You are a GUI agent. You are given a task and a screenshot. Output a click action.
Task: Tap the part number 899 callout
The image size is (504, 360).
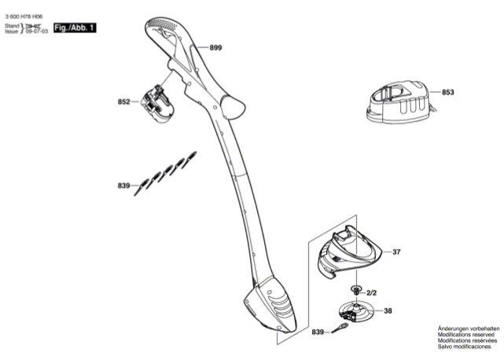click(x=215, y=48)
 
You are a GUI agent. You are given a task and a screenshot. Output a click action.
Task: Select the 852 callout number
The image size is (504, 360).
click(x=123, y=101)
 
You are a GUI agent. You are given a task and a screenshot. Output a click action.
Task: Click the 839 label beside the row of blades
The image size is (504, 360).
click(x=123, y=186)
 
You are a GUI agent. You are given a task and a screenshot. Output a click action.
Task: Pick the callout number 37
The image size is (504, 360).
click(x=396, y=252)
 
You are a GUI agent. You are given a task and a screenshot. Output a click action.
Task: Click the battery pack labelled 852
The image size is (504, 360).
click(x=159, y=101)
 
